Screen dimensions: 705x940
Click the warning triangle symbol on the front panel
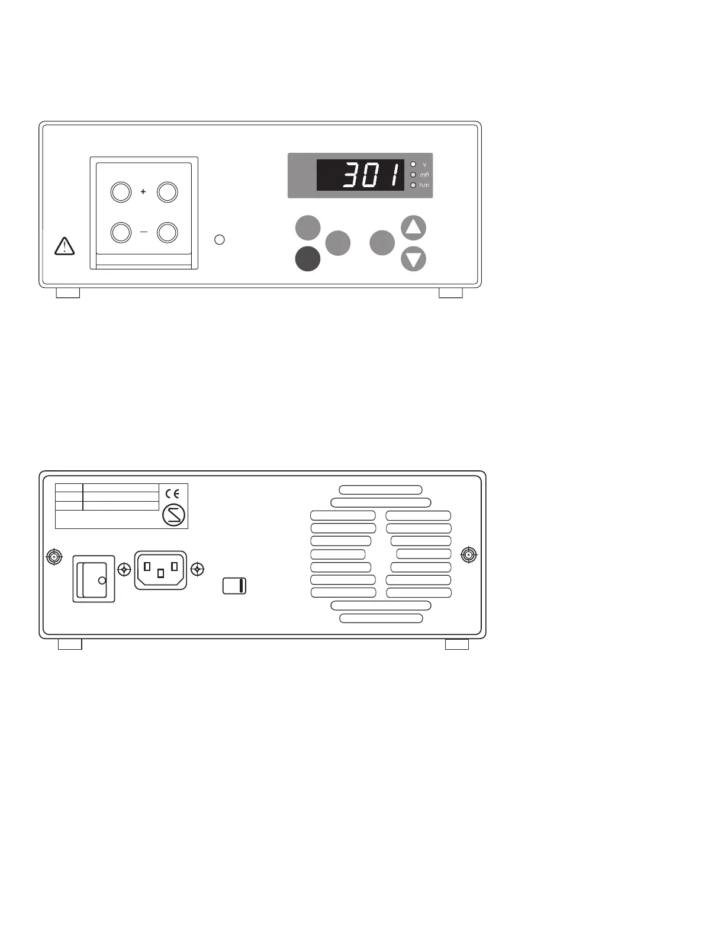(x=64, y=246)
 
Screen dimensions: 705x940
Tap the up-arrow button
(x=413, y=227)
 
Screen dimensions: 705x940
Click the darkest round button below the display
(x=308, y=259)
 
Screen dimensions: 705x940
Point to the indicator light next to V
(x=413, y=165)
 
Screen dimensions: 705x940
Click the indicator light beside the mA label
(x=413, y=175)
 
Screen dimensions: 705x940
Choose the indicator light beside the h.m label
(x=413, y=185)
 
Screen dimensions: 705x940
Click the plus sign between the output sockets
(x=143, y=192)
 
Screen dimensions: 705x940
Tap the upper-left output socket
(x=121, y=192)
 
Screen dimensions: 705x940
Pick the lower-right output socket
(x=168, y=232)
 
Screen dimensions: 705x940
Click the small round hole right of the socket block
(x=220, y=240)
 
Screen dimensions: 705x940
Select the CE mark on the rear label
(x=173, y=493)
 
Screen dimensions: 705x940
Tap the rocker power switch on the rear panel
(x=94, y=579)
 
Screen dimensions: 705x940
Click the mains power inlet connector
(x=160, y=570)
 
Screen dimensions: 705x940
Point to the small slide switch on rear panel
(x=234, y=586)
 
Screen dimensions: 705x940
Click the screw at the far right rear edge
(x=469, y=555)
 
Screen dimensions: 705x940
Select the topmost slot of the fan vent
(x=381, y=490)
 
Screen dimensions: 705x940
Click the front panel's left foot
(x=67, y=293)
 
